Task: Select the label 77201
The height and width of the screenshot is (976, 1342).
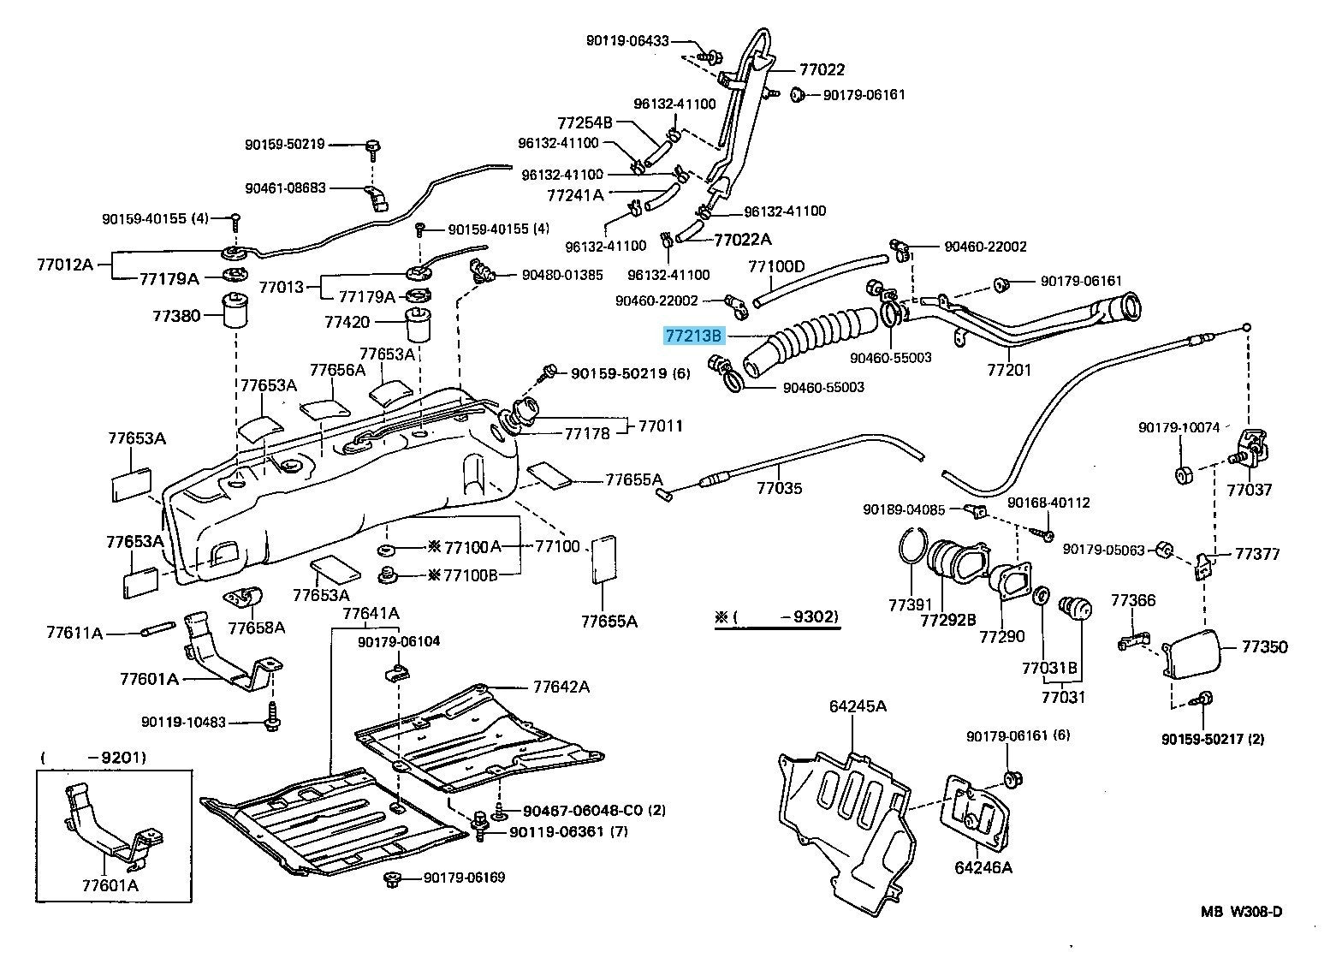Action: pyautogui.click(x=1009, y=370)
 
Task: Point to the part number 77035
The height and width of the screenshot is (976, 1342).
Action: pyautogui.click(x=779, y=489)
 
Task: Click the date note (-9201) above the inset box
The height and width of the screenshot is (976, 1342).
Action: pyautogui.click(x=93, y=757)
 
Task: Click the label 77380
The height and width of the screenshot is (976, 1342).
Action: pyautogui.click(x=176, y=316)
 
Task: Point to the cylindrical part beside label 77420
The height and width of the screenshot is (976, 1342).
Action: pyautogui.click(x=418, y=325)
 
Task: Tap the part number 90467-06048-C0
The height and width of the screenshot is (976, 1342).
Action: pyautogui.click(x=581, y=810)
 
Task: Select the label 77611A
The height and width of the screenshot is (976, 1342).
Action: pyautogui.click(x=74, y=633)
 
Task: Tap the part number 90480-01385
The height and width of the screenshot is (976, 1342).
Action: pyautogui.click(x=562, y=275)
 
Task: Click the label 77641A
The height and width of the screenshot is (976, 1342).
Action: pyautogui.click(x=371, y=613)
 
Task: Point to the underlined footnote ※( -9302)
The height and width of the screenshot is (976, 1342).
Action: pyautogui.click(x=777, y=617)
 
